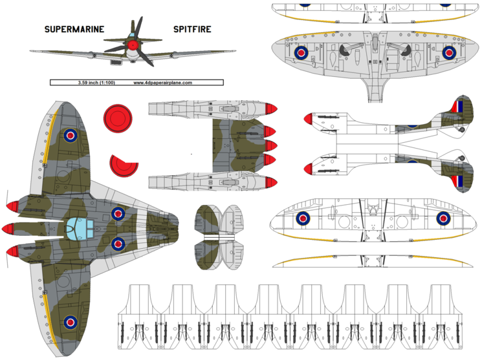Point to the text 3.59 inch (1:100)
coord(93,83)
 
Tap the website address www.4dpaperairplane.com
coord(163,83)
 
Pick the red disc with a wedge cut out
coord(124,165)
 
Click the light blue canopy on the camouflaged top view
coord(80,227)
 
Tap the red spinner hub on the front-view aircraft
coord(133,45)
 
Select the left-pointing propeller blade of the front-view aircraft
coord(115,48)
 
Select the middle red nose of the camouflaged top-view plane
coord(12,228)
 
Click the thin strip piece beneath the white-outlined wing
coord(372,261)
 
